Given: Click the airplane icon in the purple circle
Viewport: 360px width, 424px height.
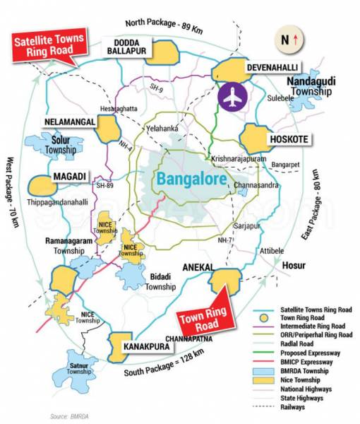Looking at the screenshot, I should pos(232,98).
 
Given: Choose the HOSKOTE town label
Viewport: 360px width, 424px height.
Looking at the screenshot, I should pos(289,139).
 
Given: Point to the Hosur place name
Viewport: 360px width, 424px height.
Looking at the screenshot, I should pos(294,266).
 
